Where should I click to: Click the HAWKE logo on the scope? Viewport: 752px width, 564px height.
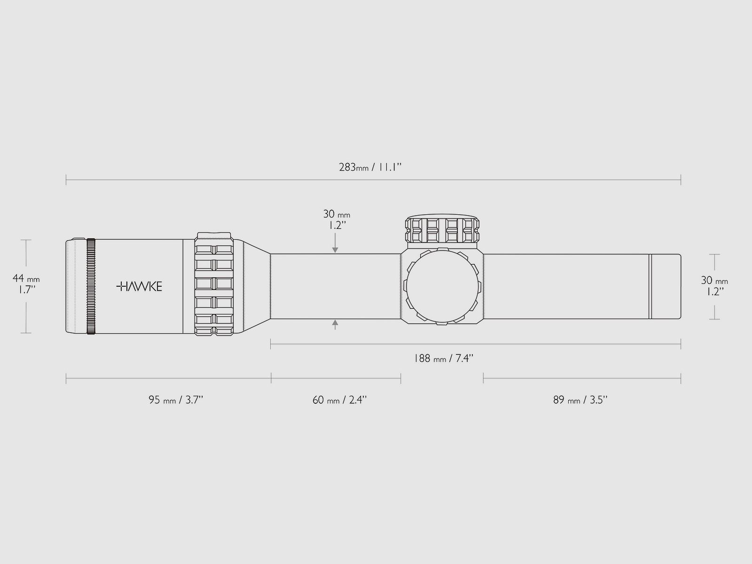(139, 286)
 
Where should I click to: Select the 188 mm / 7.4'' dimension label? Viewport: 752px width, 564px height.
(443, 359)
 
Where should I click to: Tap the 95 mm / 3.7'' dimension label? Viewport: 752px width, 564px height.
(176, 400)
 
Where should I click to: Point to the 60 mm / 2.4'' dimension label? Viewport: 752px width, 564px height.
(339, 400)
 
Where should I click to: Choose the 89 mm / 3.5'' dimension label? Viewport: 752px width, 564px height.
(580, 400)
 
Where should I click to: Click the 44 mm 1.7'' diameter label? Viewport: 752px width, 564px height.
(26, 284)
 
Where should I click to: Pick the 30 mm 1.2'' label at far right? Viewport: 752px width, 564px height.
(714, 286)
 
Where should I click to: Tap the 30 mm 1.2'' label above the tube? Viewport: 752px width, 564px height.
(336, 219)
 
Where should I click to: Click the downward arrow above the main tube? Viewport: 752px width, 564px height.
(335, 249)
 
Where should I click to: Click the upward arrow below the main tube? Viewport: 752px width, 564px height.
(335, 323)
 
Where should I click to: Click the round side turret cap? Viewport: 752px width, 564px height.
(443, 286)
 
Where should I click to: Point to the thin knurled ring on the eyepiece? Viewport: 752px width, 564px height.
(91, 286)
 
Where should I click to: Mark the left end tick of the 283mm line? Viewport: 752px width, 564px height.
(66, 179)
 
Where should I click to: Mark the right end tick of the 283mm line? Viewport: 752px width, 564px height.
(681, 179)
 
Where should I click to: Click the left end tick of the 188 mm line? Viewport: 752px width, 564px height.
(271, 345)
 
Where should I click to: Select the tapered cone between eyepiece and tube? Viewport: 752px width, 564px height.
(257, 286)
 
